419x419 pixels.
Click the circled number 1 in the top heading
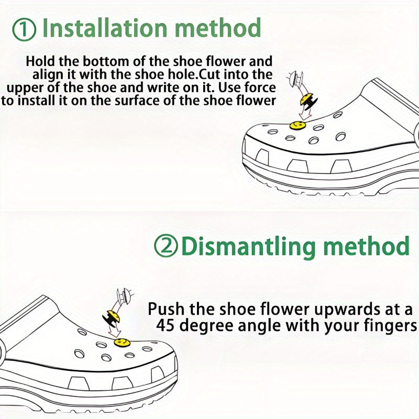tap(24, 29)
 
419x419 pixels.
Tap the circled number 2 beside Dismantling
tap(166, 246)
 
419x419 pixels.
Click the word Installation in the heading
tap(104, 28)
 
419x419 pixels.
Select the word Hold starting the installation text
tap(41, 61)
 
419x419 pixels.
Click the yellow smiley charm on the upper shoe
tap(297, 125)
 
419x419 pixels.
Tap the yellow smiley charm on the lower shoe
tap(122, 342)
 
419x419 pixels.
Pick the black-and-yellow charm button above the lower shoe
tap(111, 318)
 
